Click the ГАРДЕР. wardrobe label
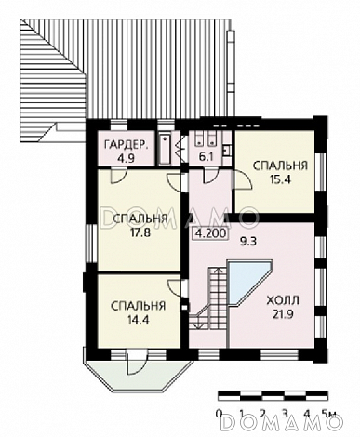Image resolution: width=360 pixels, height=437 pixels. click(126, 145)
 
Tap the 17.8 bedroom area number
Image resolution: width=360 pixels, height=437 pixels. click(140, 232)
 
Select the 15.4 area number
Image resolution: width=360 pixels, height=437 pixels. click(280, 179)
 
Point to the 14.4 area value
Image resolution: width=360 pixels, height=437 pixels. click(139, 319)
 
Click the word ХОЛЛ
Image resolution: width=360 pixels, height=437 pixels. click(283, 300)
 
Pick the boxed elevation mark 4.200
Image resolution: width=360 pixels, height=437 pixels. click(210, 233)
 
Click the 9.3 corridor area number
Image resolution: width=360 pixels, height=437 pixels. click(248, 241)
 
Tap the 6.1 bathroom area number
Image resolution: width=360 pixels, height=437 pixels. click(205, 156)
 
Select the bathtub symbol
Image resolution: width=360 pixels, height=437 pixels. click(165, 149)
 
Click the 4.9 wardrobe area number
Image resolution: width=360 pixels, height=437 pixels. click(126, 158)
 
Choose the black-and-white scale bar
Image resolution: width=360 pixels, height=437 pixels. click(273, 395)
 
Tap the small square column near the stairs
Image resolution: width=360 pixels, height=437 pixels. click(185, 307)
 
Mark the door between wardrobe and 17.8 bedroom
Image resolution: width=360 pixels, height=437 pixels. click(118, 176)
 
